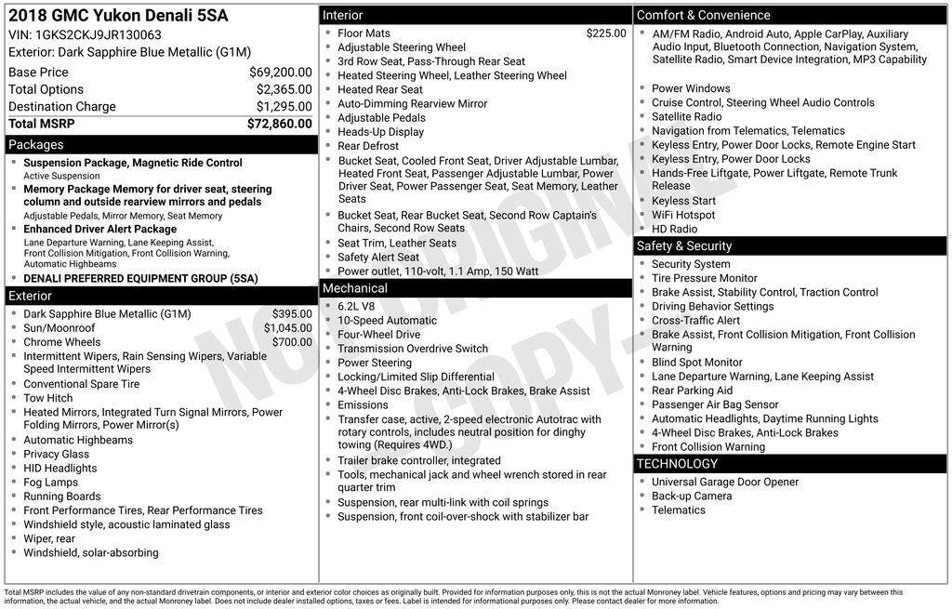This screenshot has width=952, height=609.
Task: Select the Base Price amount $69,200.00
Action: click(280, 73)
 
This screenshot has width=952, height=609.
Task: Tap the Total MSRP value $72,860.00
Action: click(279, 124)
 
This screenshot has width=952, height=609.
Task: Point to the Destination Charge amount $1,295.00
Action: click(284, 107)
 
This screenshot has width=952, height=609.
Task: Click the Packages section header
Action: click(35, 145)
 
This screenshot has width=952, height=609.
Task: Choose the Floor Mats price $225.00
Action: click(606, 33)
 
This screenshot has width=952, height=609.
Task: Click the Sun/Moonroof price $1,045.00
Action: click(287, 328)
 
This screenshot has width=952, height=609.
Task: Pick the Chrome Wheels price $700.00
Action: click(292, 342)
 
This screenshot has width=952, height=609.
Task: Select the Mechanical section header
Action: click(354, 288)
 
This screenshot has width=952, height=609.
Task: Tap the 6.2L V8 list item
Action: click(356, 307)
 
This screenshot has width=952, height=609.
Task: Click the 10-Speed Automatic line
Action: click(387, 321)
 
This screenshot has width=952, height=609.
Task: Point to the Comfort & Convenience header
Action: click(703, 15)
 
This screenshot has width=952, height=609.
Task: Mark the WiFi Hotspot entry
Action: click(683, 215)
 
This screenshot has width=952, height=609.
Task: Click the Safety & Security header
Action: click(683, 246)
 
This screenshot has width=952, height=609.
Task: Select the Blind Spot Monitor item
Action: click(696, 363)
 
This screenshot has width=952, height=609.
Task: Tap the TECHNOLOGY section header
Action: click(677, 464)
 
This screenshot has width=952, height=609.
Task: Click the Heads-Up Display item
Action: click(380, 132)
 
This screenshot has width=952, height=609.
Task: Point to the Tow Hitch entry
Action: click(47, 398)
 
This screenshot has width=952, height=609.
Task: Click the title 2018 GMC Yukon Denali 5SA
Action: click(117, 16)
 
